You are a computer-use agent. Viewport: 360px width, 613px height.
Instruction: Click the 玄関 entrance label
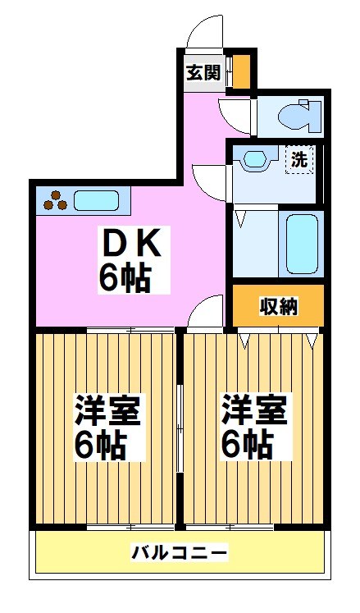click(x=202, y=73)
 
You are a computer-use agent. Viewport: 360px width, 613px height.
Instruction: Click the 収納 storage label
click(x=279, y=306)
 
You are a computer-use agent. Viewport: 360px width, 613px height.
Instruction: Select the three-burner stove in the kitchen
click(x=55, y=199)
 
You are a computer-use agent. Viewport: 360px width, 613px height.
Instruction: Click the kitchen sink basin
click(x=98, y=199)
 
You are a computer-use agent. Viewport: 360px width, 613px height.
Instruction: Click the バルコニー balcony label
click(x=180, y=552)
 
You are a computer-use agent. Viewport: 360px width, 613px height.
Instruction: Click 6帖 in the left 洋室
click(x=100, y=446)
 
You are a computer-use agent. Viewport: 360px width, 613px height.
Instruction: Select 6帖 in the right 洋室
click(x=247, y=446)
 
